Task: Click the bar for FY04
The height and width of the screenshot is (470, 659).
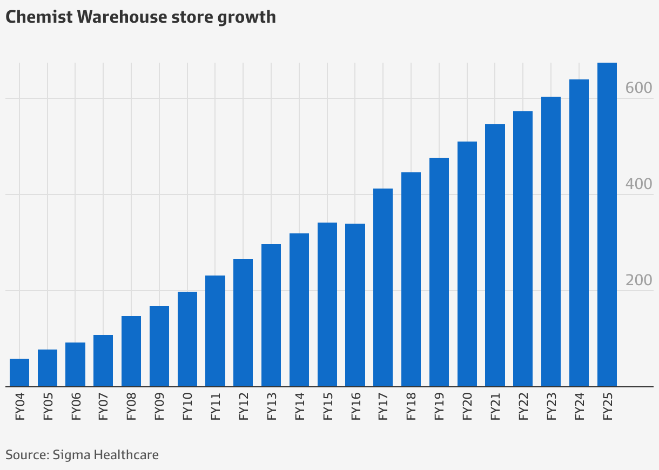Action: [19, 373]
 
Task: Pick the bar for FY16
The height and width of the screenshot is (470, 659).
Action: [355, 305]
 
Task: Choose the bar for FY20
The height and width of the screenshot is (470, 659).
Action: [467, 264]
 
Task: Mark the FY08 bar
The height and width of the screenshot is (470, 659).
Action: [131, 351]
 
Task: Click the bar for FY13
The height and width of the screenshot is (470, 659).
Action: [271, 315]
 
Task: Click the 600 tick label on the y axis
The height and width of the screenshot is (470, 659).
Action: [638, 89]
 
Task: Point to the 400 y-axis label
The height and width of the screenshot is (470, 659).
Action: [638, 185]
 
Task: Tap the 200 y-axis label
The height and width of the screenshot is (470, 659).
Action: [638, 281]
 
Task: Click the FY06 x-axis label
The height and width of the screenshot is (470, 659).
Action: [76, 407]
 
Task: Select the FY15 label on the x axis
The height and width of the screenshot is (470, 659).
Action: [327, 407]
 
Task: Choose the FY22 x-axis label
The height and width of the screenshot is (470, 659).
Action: [523, 407]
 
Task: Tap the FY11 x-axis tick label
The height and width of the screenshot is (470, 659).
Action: [216, 407]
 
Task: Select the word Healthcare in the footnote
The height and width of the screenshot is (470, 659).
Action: [126, 454]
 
